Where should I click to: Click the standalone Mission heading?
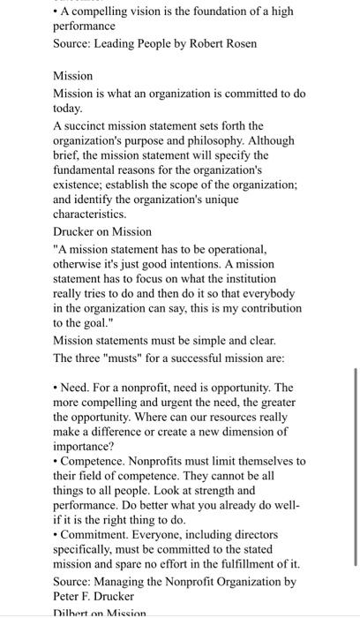[x=73, y=77]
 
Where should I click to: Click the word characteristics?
[x=90, y=214]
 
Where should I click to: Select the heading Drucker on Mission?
[x=102, y=231]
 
